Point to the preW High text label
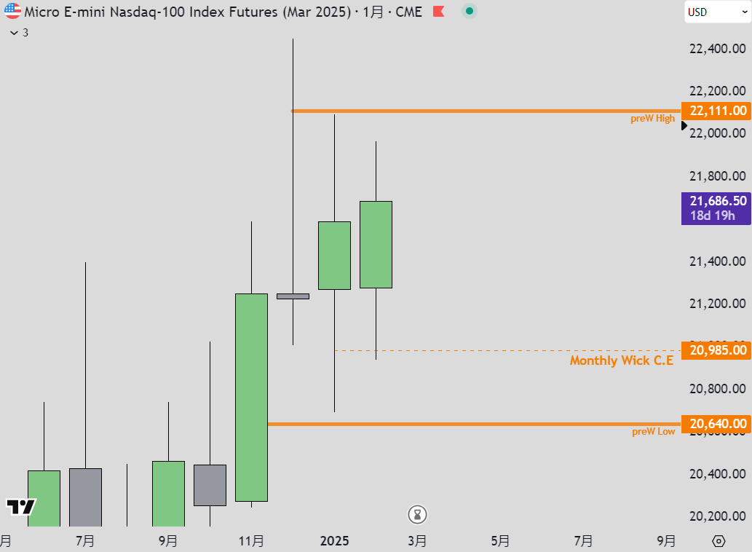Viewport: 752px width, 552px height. [652, 119]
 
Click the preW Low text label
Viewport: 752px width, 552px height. [653, 431]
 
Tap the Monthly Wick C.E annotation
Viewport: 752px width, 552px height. [621, 360]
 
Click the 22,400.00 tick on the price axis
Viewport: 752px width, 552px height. [717, 49]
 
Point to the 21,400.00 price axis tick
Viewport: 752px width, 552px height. [717, 261]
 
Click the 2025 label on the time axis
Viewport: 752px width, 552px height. [335, 540]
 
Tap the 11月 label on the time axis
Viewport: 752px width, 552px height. [251, 540]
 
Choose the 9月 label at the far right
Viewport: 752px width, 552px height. [665, 540]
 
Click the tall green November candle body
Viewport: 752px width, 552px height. [251, 397]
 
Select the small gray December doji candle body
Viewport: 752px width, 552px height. [293, 296]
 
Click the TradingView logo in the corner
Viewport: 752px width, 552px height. [20, 507]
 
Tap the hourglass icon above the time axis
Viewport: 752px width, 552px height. [417, 515]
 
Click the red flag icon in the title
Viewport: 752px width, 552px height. [439, 12]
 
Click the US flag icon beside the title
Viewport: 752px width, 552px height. [12, 12]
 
